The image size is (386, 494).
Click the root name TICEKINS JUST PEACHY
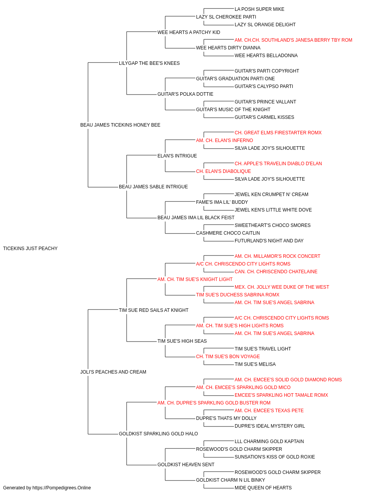[x=30, y=249]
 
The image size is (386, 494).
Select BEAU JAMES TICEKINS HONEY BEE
[x=120, y=125]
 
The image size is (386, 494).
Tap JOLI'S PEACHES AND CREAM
[x=113, y=372]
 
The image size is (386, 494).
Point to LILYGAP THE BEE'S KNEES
[x=149, y=63]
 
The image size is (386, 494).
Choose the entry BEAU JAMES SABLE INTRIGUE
[x=153, y=187]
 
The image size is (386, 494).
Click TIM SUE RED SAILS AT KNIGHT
[x=154, y=310]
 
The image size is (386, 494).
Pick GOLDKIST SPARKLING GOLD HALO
[x=158, y=433]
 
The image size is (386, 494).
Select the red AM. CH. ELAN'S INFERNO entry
[x=224, y=140]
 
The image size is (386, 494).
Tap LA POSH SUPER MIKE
[x=259, y=9]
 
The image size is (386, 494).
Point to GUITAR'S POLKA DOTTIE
[x=185, y=94]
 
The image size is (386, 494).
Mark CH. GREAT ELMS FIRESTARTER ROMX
[x=278, y=133]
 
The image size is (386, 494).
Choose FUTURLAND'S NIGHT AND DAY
[x=269, y=241]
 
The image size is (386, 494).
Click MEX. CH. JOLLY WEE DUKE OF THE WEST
[x=282, y=287]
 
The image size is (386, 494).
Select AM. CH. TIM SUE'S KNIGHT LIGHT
[x=195, y=279]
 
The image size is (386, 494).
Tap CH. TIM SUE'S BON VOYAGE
[x=228, y=357]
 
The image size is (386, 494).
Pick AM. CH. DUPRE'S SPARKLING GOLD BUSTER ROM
[x=214, y=403]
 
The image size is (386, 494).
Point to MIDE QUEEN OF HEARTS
[x=263, y=488]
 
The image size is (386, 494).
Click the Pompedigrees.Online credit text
[x=47, y=488]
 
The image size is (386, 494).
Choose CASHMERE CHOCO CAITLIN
[x=228, y=233]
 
